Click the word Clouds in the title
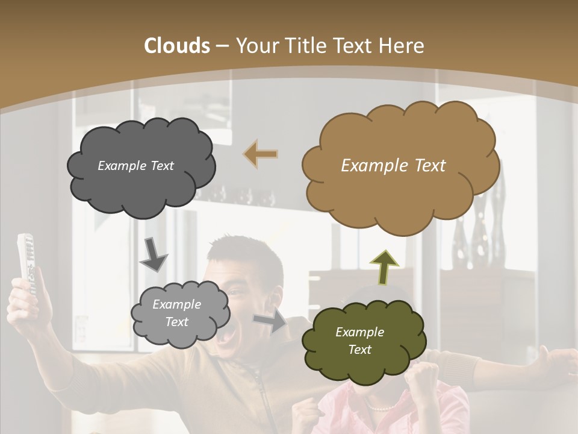point(176,46)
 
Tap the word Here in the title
point(402,46)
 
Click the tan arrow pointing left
point(261,154)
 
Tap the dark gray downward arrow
point(154,254)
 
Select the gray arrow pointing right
point(270,320)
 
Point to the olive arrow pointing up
point(384,267)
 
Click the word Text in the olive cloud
point(360,350)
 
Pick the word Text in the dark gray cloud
point(161,166)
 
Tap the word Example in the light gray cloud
point(176,304)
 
